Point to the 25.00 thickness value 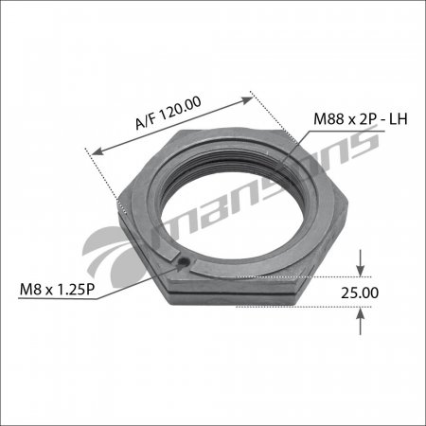click(360, 293)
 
